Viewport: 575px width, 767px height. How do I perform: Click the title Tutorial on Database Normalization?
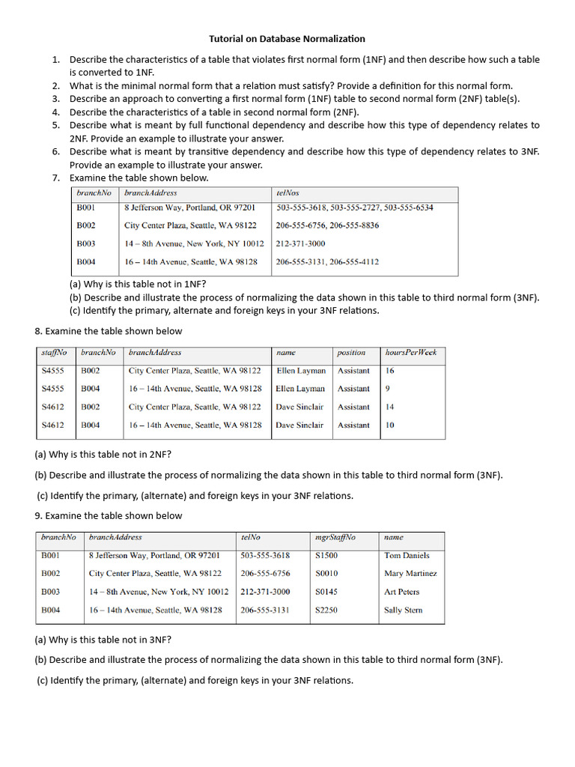coord(287,38)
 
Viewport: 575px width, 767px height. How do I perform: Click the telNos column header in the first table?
coord(287,193)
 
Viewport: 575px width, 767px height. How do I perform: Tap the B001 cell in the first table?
coord(86,207)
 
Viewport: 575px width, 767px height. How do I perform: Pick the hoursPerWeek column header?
coord(410,352)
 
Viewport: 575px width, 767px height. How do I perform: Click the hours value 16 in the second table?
coord(390,371)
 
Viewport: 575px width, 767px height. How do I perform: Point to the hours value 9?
coord(388,389)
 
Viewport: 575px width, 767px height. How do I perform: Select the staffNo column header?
coord(54,352)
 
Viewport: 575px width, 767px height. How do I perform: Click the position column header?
coord(351,352)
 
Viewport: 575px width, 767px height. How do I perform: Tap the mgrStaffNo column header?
coord(335,537)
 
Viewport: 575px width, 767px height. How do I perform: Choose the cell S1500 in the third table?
coord(326,556)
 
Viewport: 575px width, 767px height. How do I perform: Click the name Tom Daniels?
coord(407,556)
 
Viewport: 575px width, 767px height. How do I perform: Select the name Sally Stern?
coord(403,610)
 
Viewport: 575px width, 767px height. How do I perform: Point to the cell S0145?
coord(326,592)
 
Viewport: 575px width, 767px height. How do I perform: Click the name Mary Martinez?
coord(410,574)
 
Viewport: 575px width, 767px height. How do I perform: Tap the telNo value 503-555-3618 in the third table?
coord(265,556)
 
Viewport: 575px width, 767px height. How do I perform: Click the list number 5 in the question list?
coord(55,125)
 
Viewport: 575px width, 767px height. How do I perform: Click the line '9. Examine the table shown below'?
coord(109,515)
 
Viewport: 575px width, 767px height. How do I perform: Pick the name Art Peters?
coord(402,592)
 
